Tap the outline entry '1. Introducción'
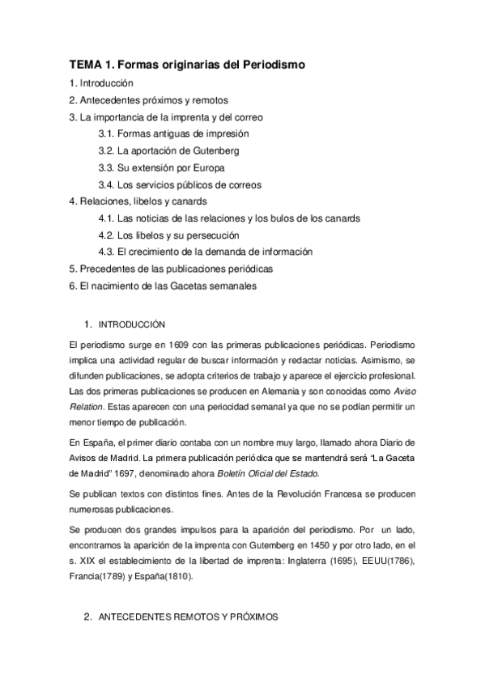[101, 83]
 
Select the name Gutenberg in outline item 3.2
[213, 150]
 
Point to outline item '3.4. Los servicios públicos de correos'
[179, 184]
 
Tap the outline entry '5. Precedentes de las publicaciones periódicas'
[171, 269]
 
